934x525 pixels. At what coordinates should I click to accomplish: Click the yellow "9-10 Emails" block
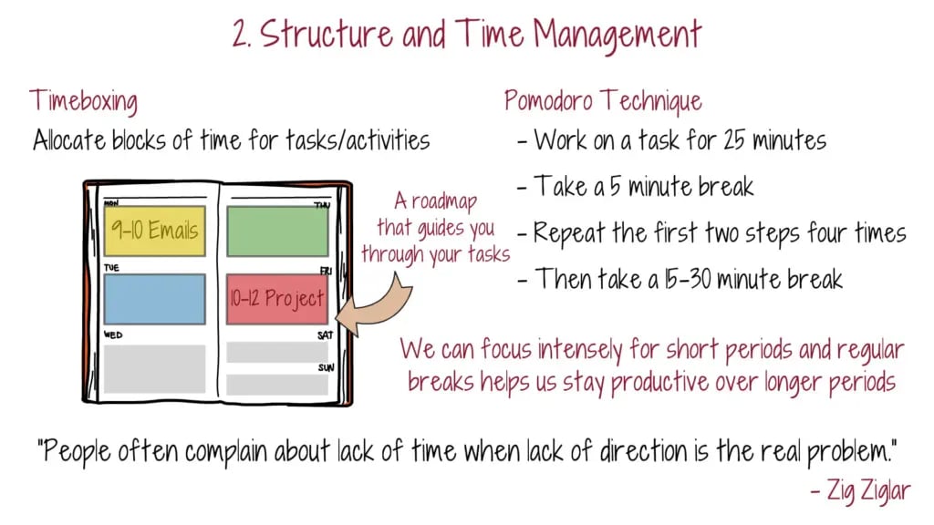(155, 231)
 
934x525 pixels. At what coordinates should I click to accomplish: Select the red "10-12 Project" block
(277, 299)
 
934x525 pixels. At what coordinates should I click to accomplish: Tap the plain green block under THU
(277, 232)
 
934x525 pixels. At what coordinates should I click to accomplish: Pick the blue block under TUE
(155, 299)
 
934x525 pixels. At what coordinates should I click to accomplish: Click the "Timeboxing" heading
(83, 101)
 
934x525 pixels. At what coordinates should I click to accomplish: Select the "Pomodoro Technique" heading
(603, 100)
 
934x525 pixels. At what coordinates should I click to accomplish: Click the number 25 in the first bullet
(734, 140)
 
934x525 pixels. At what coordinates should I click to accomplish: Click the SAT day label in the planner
(326, 335)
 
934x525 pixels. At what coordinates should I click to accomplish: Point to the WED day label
(113, 335)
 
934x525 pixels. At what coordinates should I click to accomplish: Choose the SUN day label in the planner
(326, 367)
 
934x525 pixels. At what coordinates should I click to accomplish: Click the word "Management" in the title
(617, 35)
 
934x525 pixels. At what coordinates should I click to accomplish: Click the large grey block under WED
(155, 369)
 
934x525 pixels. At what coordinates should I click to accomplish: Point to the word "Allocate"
(69, 140)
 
